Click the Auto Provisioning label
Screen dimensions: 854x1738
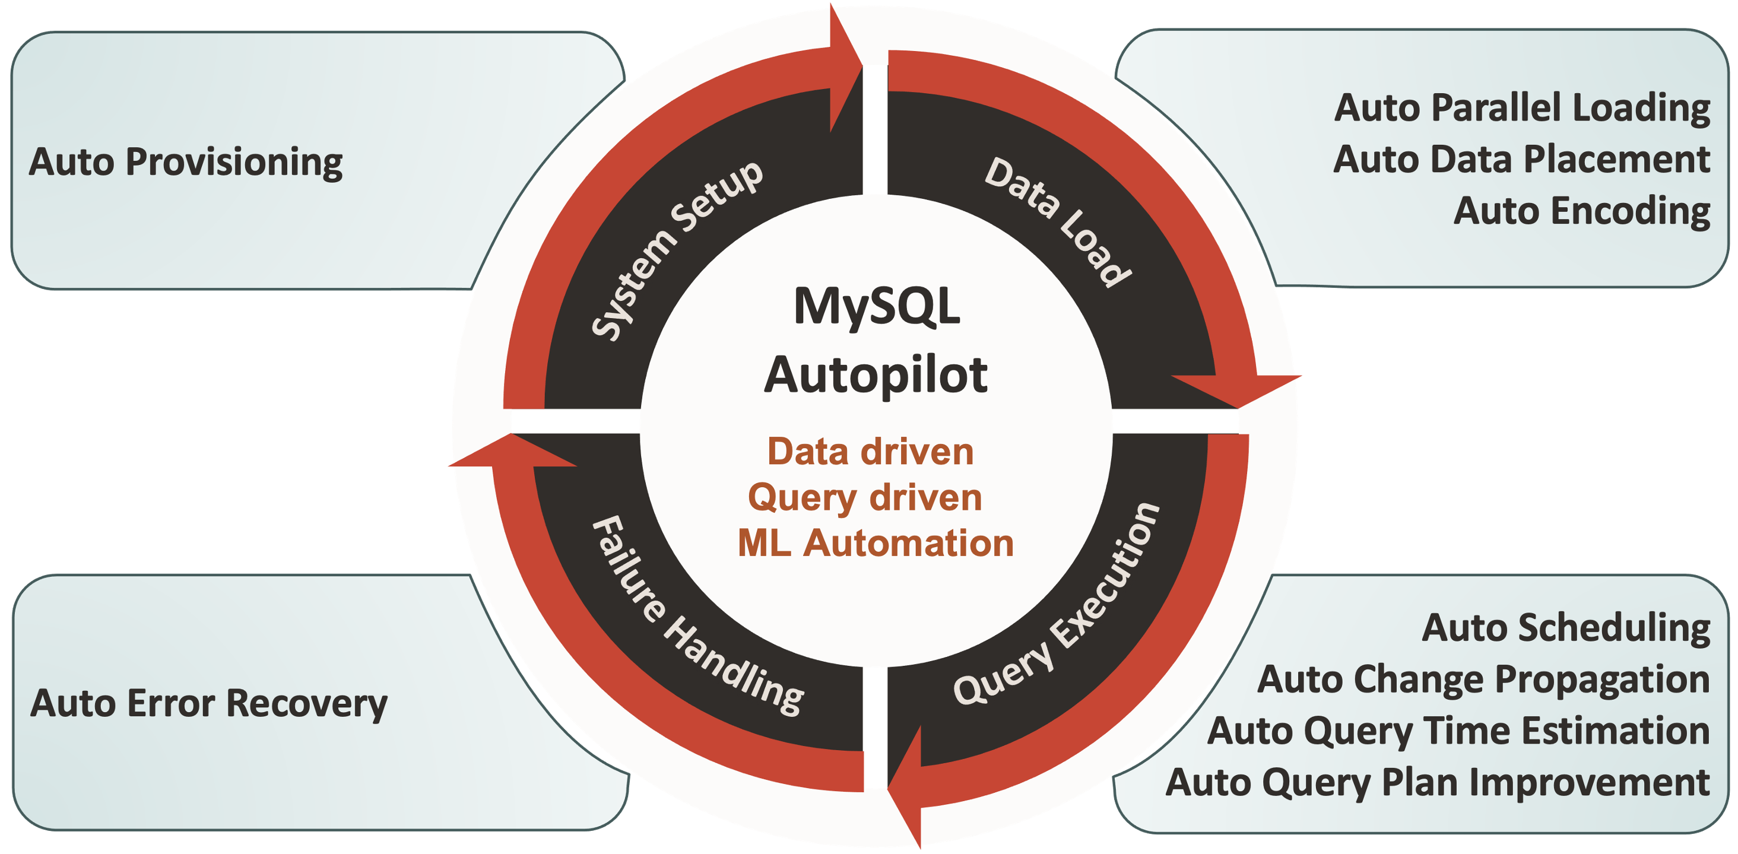pos(186,163)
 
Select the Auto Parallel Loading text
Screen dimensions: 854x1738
pos(1522,108)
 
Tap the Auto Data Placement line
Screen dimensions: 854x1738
pos(1521,160)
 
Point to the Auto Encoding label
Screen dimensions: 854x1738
pos(1581,211)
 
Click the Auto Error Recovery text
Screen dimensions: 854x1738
pos(209,704)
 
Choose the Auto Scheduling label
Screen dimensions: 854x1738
pos(1566,628)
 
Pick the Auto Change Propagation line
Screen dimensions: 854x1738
pos(1483,680)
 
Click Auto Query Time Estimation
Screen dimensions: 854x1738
pos(1458,731)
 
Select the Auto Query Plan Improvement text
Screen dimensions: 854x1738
pos(1438,783)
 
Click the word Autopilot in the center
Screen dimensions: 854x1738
pos(876,375)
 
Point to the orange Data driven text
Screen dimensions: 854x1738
pos(870,452)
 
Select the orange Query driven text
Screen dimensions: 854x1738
pos(865,498)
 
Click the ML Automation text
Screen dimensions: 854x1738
pos(876,544)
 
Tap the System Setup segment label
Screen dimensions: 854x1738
pos(677,250)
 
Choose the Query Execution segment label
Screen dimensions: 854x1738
pos(1057,603)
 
